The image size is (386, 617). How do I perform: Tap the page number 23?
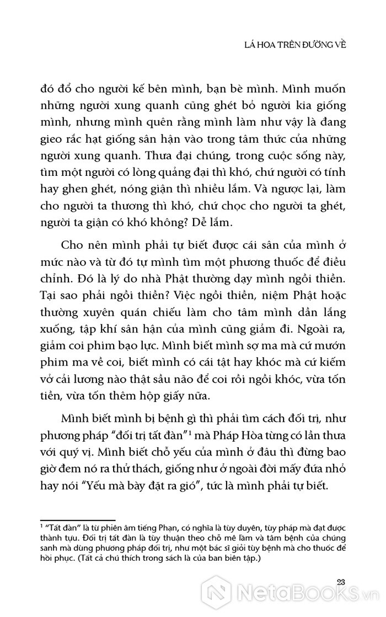point(340,581)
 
